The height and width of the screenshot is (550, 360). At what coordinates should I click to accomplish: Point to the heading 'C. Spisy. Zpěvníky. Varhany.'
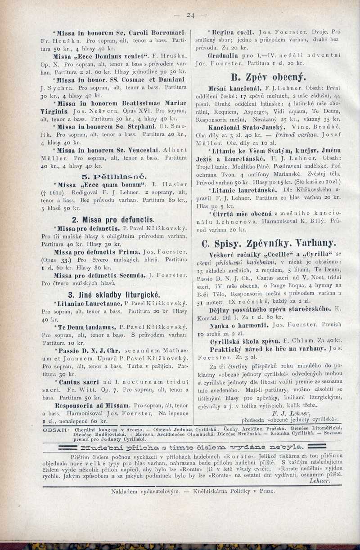269,243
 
